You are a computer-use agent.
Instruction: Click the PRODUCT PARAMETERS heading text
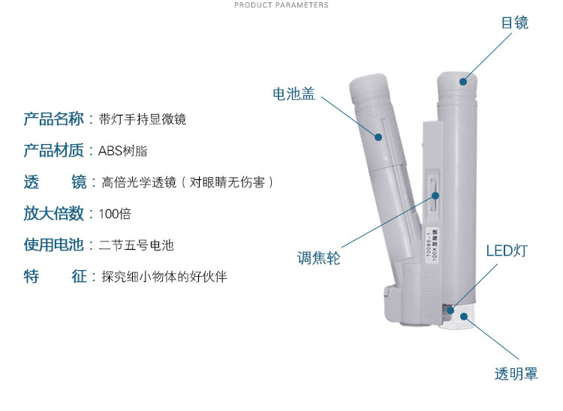(x=281, y=5)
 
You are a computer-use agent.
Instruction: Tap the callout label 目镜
(x=515, y=22)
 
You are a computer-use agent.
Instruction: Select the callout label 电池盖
(x=294, y=94)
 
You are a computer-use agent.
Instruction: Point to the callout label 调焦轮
(x=318, y=258)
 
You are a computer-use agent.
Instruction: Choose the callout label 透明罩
(x=516, y=373)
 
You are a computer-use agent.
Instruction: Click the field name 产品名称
(x=53, y=118)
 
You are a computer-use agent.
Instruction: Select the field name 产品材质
(x=53, y=150)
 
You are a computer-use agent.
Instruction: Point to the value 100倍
(x=115, y=214)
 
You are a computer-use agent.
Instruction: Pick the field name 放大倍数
(x=53, y=213)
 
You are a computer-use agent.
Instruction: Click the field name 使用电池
(x=53, y=244)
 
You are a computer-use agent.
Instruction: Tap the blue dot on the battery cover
(x=378, y=137)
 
